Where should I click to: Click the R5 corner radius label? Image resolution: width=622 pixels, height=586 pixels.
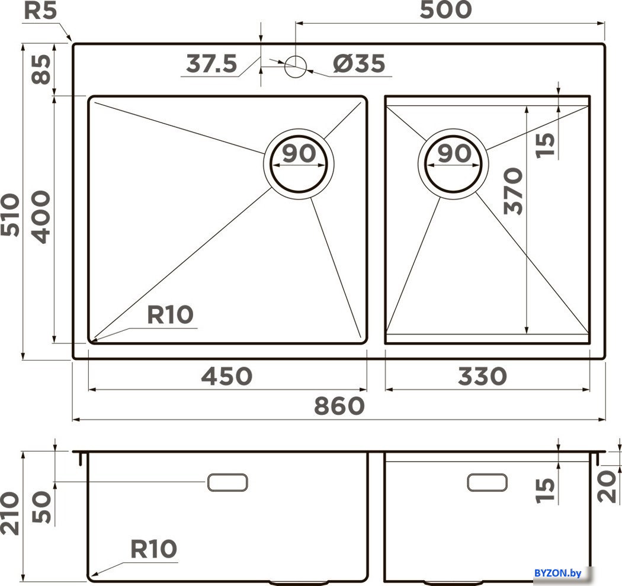coord(40,12)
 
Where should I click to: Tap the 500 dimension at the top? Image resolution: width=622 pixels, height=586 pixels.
coord(446,10)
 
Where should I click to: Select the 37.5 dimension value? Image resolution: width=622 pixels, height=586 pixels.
coord(211,63)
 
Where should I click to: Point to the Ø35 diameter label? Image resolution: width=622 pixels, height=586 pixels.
coord(358,63)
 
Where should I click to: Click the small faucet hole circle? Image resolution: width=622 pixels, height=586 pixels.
coord(294,65)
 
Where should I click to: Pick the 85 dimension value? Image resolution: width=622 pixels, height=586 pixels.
coord(41,69)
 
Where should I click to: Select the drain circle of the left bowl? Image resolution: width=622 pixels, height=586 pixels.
coord(299,162)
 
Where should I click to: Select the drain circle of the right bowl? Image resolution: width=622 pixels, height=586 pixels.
coord(453,162)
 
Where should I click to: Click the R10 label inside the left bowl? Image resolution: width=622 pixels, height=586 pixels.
coord(170,315)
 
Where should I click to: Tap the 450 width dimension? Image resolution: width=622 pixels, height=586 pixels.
coord(227,376)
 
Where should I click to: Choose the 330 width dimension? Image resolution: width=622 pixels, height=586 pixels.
coord(482,376)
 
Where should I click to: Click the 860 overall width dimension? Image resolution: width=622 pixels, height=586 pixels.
coord(338,406)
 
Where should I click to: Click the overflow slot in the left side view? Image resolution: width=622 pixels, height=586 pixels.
coord(227,482)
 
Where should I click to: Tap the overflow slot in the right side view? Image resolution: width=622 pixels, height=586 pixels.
coord(487,482)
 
